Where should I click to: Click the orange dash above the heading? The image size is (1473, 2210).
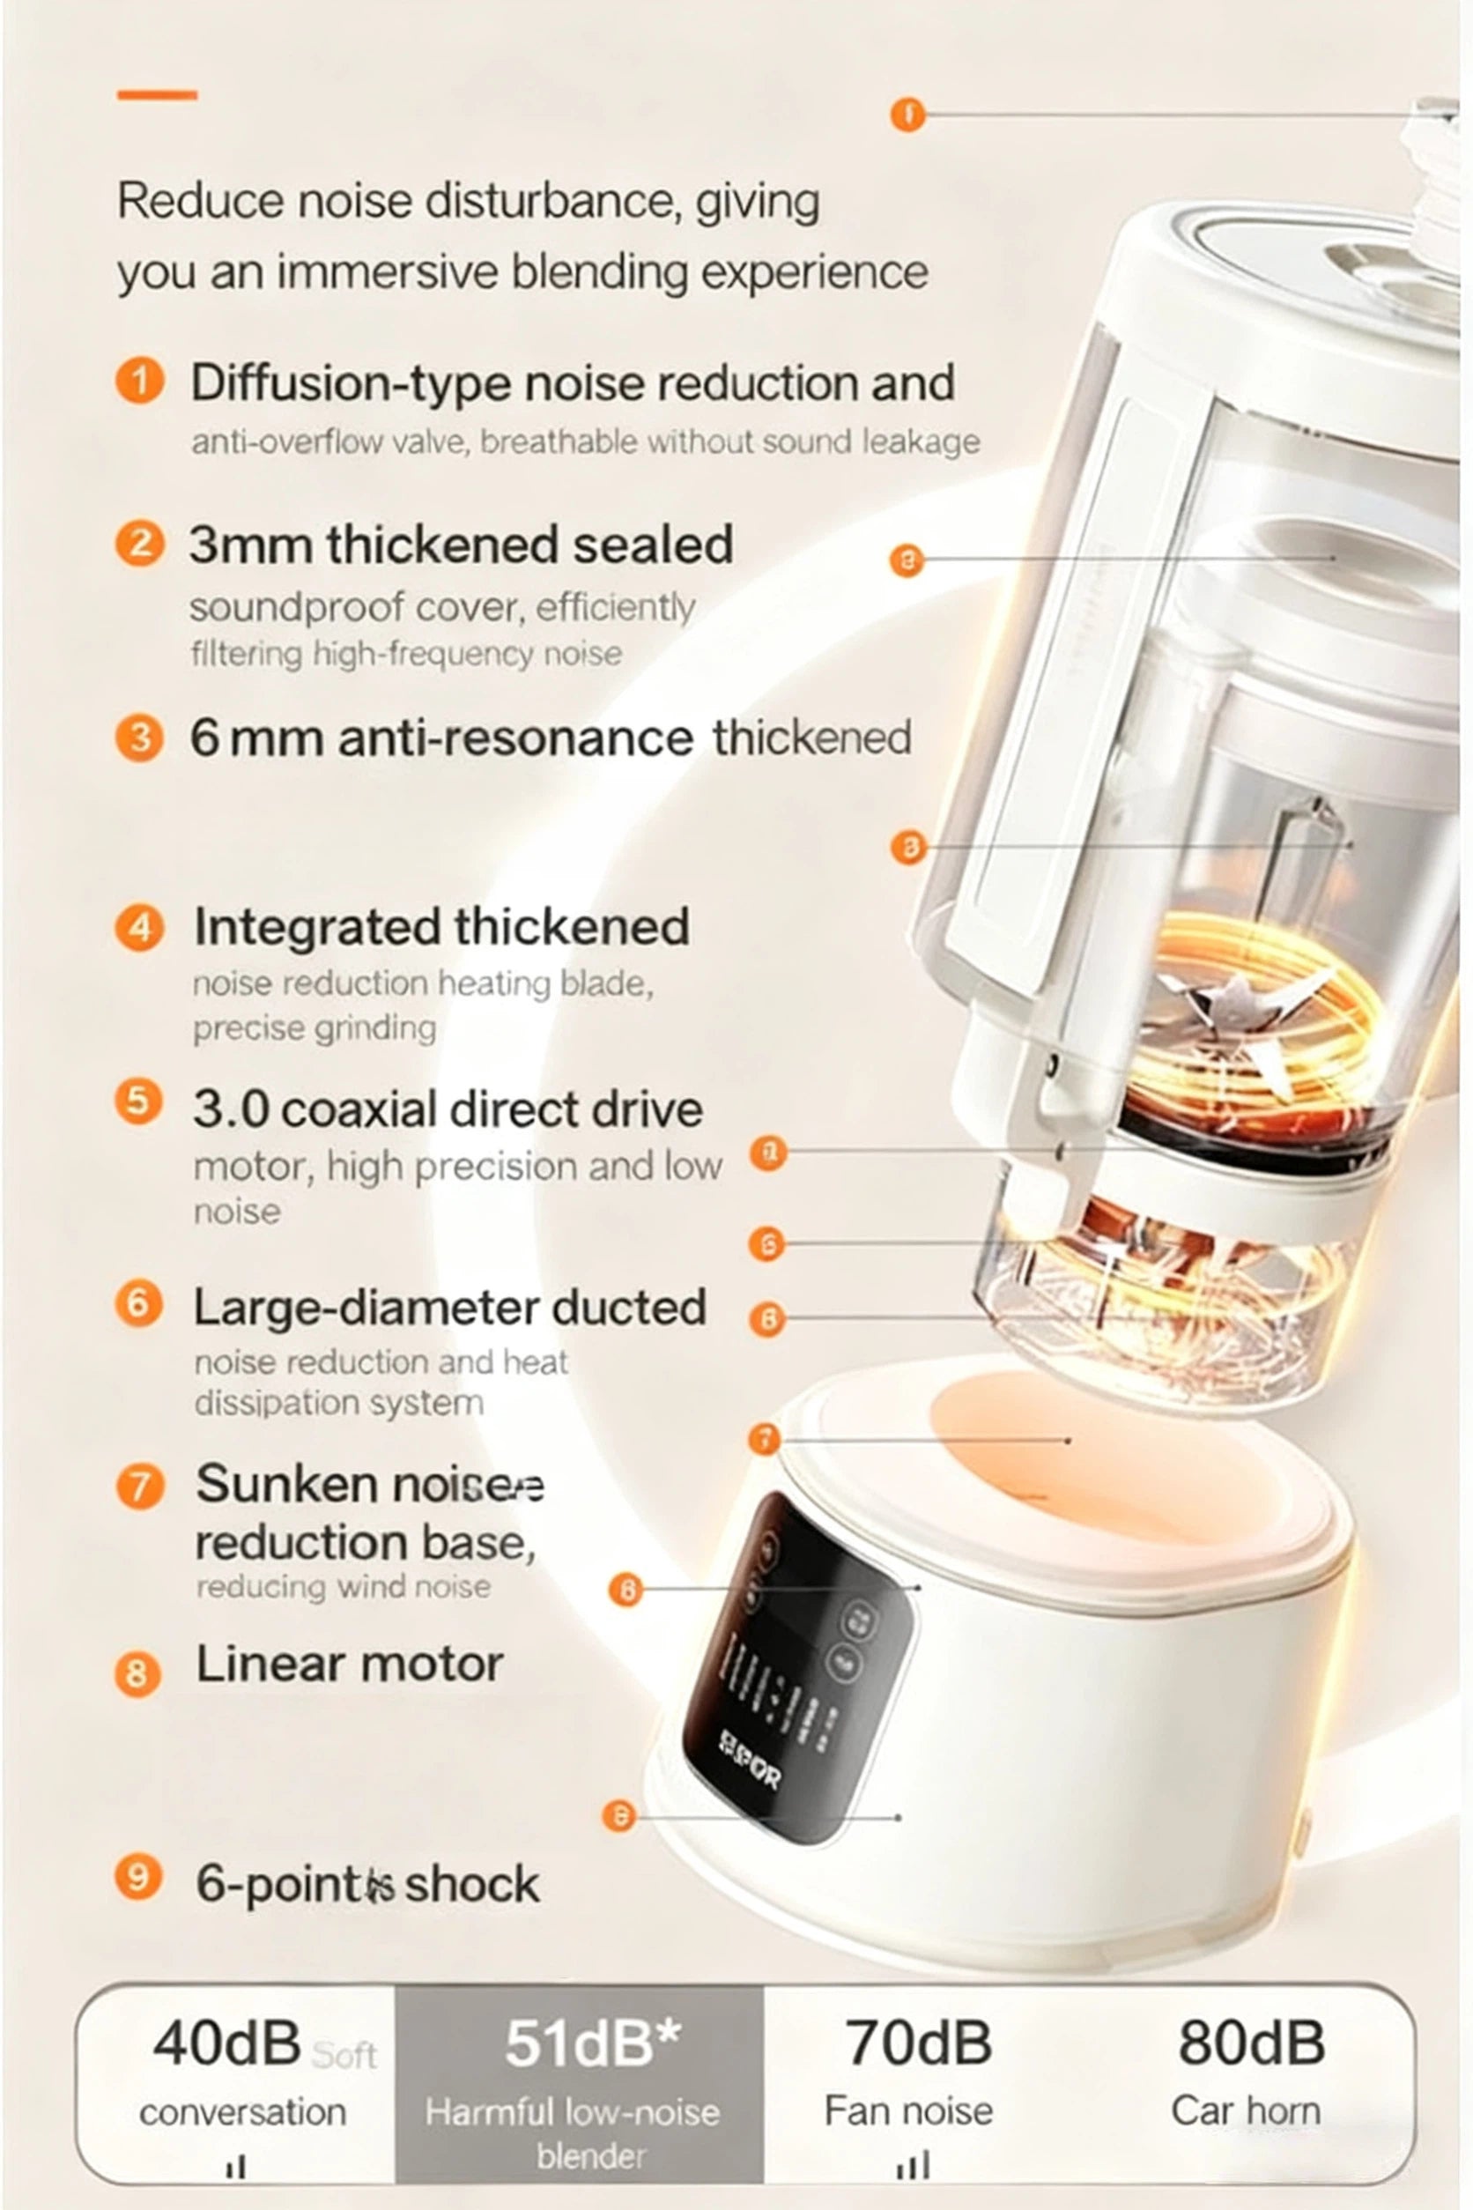coord(157,95)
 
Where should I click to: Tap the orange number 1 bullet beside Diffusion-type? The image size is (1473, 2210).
coord(140,382)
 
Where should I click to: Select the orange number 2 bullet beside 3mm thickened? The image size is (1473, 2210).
coord(140,544)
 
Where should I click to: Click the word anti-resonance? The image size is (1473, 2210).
coord(515,738)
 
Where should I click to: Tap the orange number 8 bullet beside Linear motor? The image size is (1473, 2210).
coord(137,1674)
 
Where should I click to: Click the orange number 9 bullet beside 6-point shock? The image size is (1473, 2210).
coord(138,1878)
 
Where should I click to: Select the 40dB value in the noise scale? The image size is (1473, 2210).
coord(226,2043)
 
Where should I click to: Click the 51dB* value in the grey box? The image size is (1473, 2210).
coord(592,2043)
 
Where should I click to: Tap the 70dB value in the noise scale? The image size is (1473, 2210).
coord(918,2043)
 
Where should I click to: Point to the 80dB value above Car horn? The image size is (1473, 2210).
coord(1251,2043)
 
